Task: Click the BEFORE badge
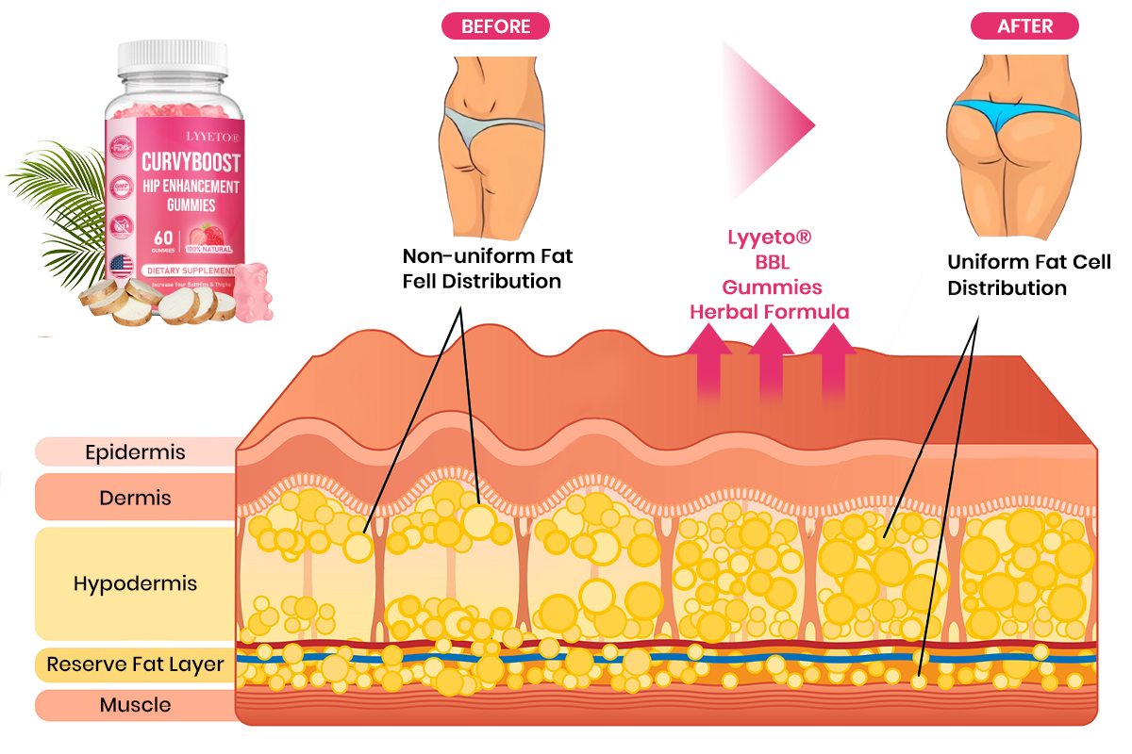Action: point(495,26)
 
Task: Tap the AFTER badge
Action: point(1024,26)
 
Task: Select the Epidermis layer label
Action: point(135,451)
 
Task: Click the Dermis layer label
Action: point(135,497)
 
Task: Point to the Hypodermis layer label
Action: point(135,583)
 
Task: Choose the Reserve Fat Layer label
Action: point(135,664)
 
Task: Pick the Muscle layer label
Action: point(135,705)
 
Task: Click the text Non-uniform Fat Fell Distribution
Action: point(487,268)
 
